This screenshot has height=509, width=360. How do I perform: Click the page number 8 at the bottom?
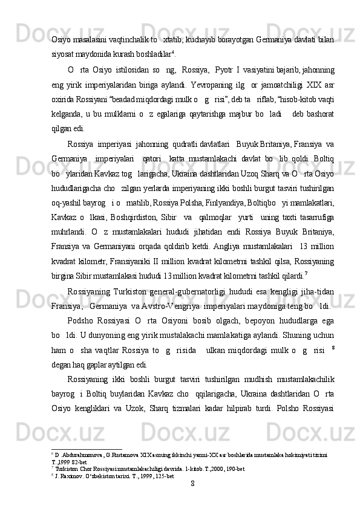pos(192,483)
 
